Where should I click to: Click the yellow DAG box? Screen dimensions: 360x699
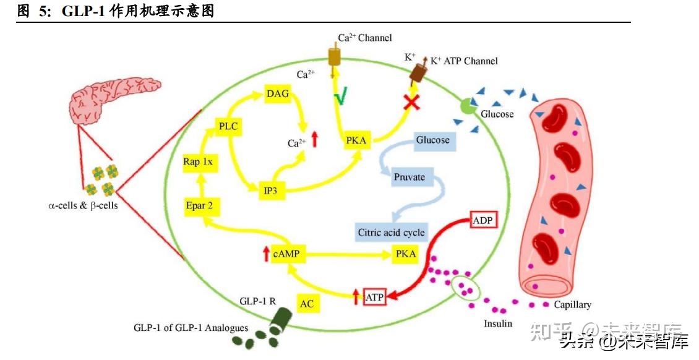pos(277,94)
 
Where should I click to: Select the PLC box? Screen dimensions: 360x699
pos(228,127)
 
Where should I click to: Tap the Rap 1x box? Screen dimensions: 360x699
pos(198,162)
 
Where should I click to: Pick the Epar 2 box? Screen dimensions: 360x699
pos(199,206)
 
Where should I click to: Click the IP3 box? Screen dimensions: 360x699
pos(270,191)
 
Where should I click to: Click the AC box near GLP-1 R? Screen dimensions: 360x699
pos(307,304)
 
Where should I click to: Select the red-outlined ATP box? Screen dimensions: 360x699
pos(374,298)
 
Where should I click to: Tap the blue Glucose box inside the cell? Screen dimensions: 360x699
pos(432,140)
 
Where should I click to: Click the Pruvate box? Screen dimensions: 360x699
pos(410,177)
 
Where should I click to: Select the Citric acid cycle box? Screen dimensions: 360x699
pos(392,233)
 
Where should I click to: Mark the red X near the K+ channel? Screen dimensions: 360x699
pos(408,102)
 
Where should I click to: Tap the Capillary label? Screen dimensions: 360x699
pos(572,305)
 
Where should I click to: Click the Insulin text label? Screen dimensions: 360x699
pos(498,324)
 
